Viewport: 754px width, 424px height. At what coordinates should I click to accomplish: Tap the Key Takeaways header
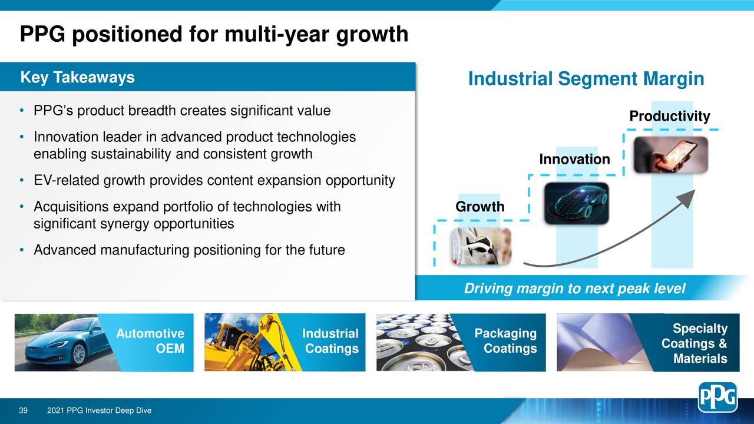tap(77, 78)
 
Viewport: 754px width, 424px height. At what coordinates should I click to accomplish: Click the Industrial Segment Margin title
tap(586, 79)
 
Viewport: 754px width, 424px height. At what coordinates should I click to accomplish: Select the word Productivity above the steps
tap(669, 117)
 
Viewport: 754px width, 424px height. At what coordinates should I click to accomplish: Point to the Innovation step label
tap(574, 160)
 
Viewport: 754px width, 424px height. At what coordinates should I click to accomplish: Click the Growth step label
tap(479, 207)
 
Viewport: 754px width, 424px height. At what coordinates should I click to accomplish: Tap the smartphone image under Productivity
tap(670, 155)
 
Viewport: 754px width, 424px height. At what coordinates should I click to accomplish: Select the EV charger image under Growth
tap(481, 246)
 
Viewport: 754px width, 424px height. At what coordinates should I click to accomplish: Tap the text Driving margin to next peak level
tap(574, 289)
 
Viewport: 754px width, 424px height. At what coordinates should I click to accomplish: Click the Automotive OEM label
tap(151, 342)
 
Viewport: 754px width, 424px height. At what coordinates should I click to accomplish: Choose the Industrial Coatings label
tap(330, 342)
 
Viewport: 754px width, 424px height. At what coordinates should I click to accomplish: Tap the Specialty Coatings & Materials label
tap(695, 344)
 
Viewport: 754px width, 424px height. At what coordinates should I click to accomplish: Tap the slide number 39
tap(24, 410)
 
